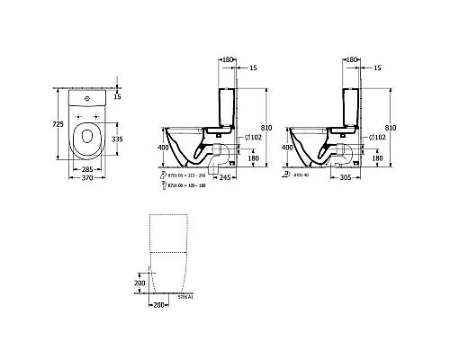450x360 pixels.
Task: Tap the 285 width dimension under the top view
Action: [87, 168]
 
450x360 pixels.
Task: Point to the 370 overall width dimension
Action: [87, 180]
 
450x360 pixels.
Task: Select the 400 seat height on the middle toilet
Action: [163, 146]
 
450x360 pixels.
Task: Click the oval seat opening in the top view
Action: [87, 139]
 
